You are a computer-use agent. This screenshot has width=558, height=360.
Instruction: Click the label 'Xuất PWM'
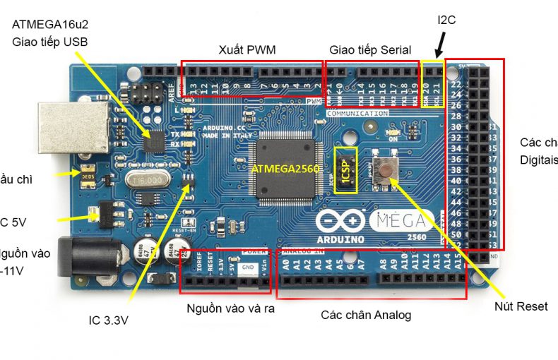click(247, 49)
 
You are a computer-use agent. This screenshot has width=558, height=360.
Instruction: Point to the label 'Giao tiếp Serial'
click(371, 49)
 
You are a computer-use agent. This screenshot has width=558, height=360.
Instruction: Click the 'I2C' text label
click(446, 20)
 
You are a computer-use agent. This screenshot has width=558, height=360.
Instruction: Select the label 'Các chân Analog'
click(365, 315)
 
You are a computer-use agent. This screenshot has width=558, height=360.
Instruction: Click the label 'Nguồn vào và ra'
click(230, 308)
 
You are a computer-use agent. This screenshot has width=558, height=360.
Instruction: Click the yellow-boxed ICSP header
click(346, 168)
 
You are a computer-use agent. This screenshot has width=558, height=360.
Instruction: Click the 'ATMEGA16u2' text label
click(49, 24)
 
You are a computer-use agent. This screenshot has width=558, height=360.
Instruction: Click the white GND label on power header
click(247, 268)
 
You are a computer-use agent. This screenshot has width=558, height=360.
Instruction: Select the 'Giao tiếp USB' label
click(50, 42)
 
